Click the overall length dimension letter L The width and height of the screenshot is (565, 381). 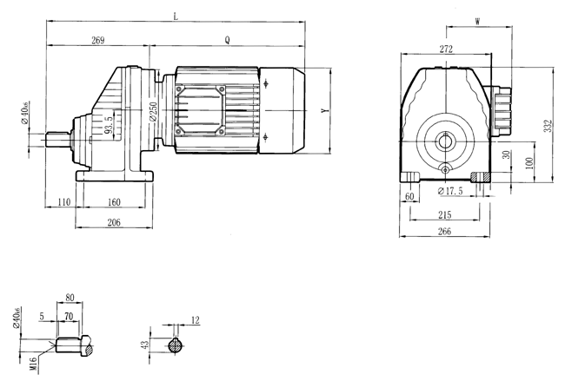pos(176,16)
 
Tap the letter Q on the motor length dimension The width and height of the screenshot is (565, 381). pos(227,40)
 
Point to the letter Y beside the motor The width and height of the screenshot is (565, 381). pos(323,111)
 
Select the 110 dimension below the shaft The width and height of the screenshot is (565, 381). pos(60,202)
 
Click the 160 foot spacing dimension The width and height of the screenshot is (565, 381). pos(114,202)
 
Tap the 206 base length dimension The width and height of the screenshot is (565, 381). pos(114,222)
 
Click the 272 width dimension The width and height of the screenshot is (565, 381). pos(445,50)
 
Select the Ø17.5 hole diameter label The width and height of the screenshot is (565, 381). pos(451,190)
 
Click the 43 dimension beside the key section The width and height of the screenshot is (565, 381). pos(145,345)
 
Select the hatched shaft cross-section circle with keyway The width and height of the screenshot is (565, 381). pos(176,345)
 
